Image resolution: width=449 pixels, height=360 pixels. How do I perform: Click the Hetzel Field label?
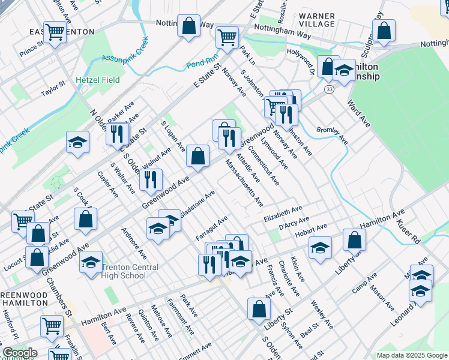tap(97, 80)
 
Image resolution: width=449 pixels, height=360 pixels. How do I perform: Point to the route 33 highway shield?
tap(329, 89)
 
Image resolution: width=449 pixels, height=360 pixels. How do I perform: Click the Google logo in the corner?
tap(19, 353)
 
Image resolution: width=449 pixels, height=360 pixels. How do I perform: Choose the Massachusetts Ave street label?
tap(244, 182)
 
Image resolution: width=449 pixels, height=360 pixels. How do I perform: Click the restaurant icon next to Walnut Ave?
tap(150, 179)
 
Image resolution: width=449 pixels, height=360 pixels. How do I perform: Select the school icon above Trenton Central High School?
tap(91, 262)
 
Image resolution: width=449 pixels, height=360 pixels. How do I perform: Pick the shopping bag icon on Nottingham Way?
tap(188, 26)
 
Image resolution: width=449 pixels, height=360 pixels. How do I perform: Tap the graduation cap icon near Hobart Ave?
tap(320, 246)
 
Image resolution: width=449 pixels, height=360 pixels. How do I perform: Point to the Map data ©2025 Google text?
tap(411, 355)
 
